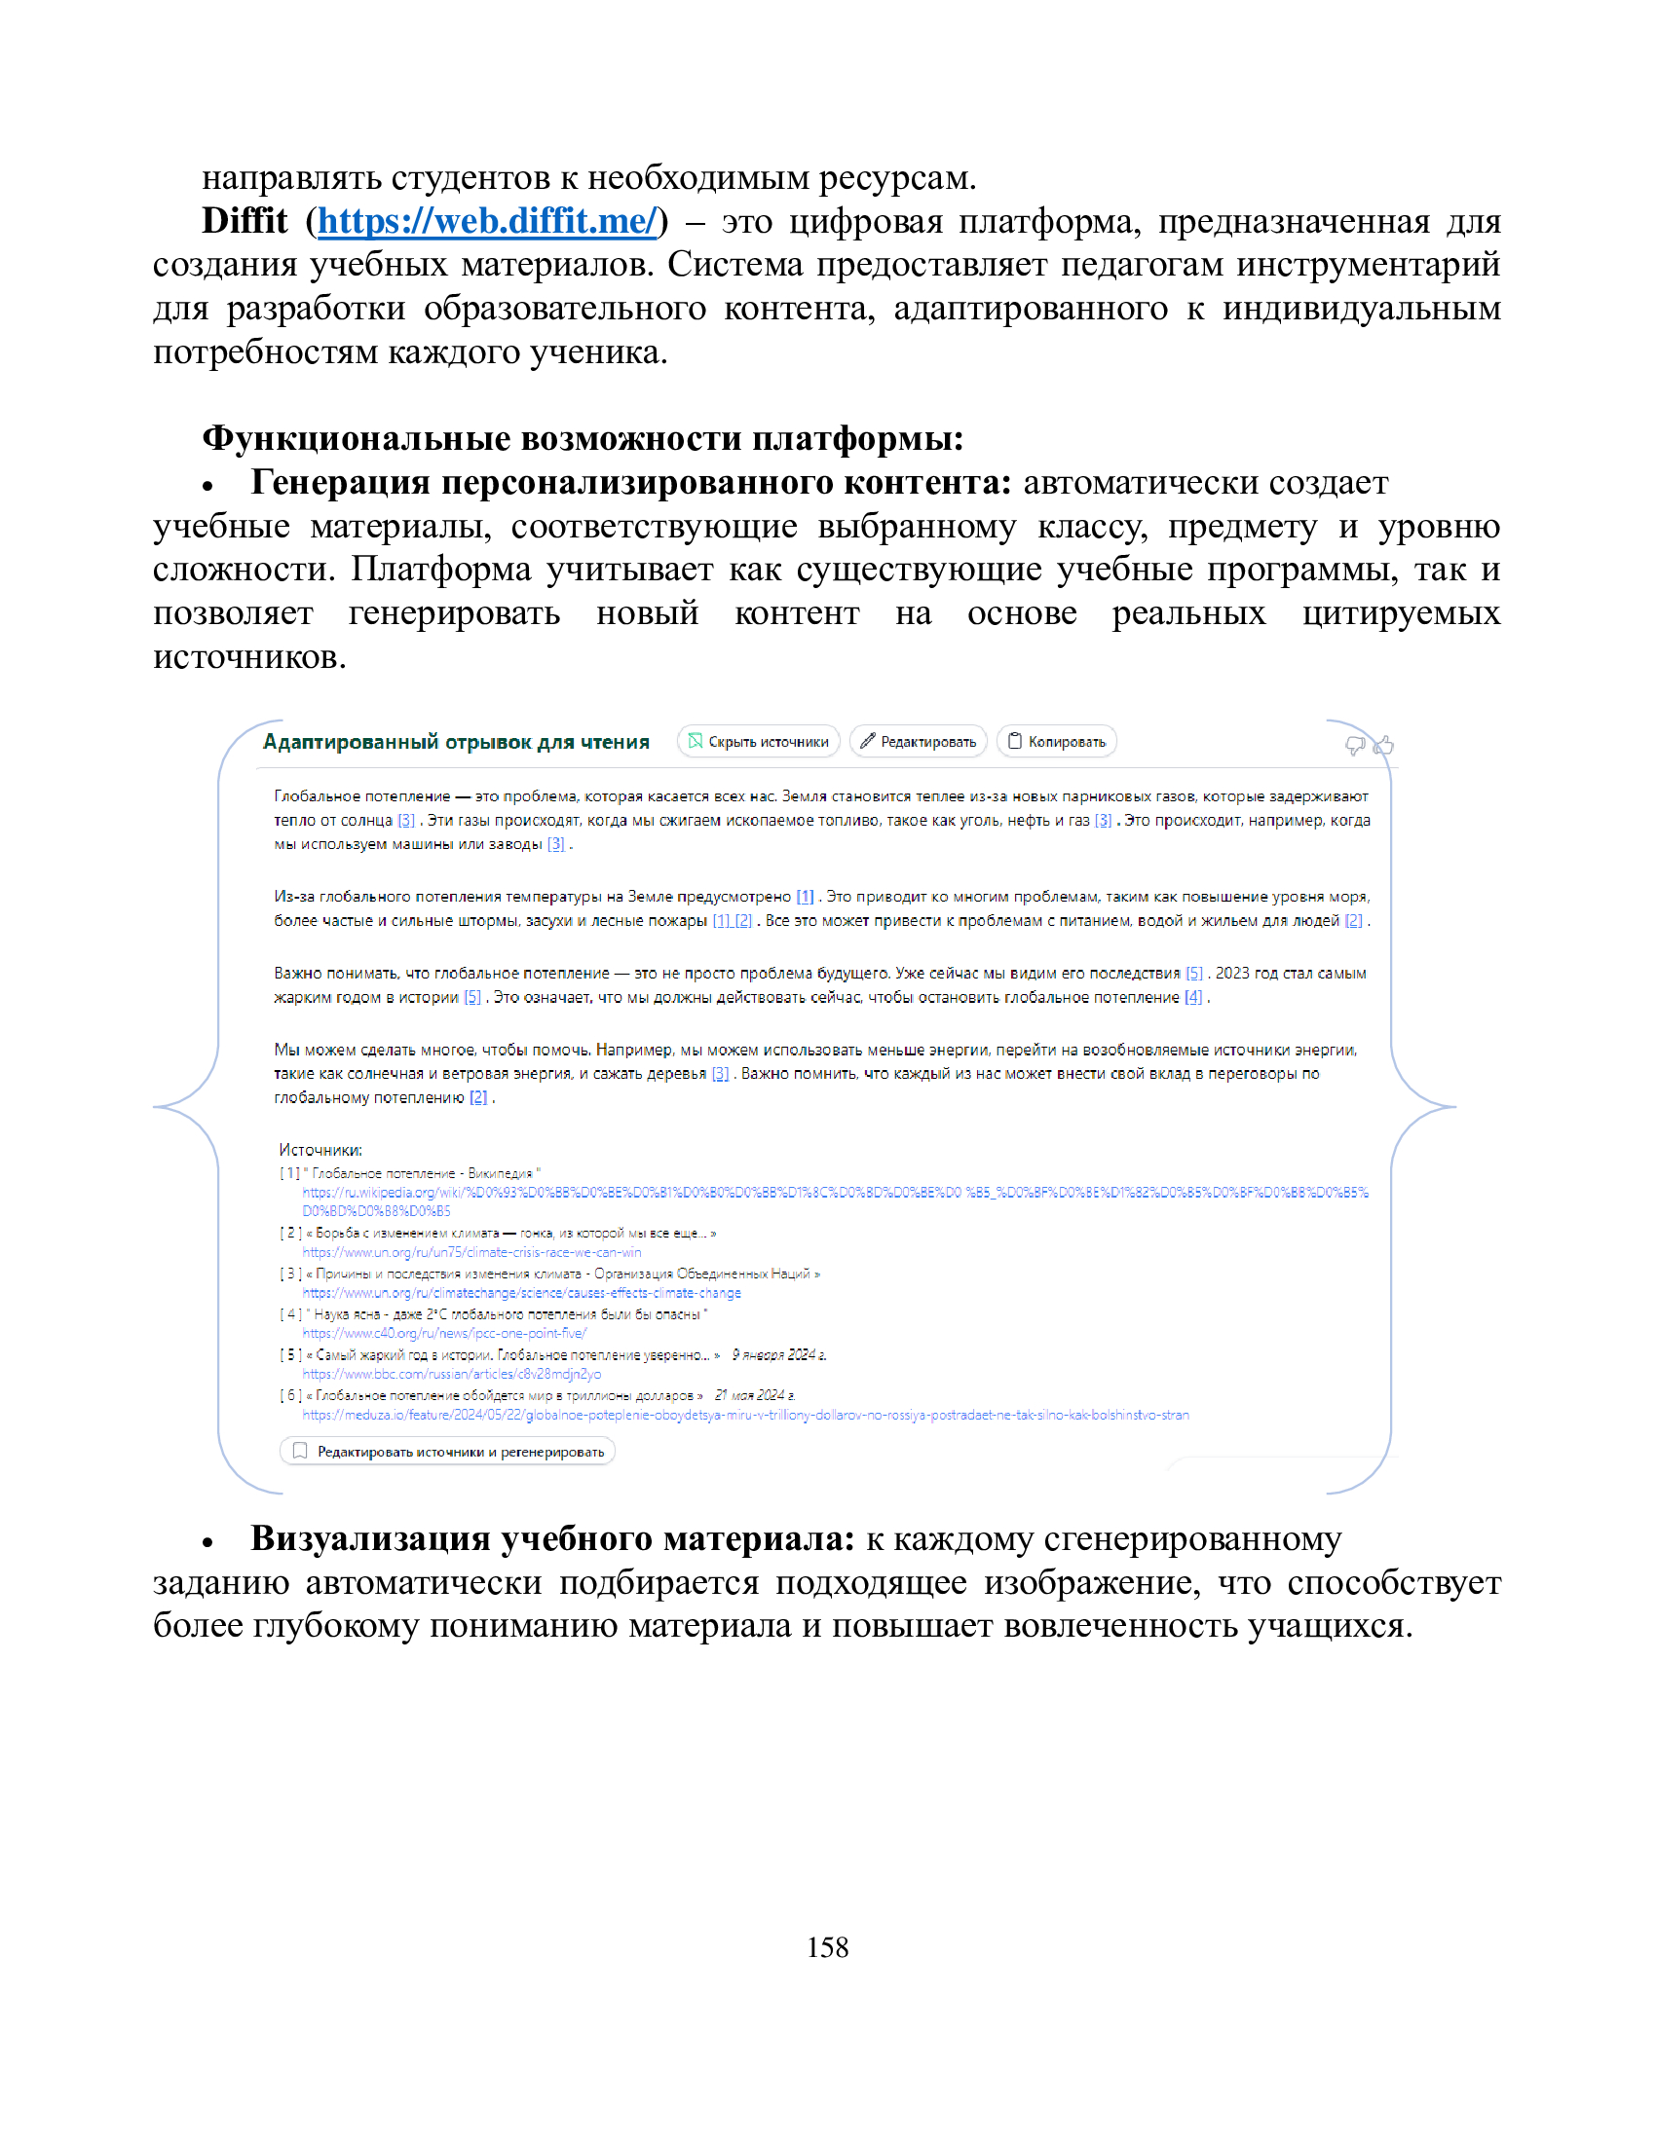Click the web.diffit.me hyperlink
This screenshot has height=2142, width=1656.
tap(487, 222)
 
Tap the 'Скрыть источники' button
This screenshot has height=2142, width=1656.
tap(758, 742)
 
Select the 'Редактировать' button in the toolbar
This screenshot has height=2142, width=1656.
tap(919, 742)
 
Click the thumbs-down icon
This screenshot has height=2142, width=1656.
tap(1355, 746)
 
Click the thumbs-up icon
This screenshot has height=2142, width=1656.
tap(1383, 746)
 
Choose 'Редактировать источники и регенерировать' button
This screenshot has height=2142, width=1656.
tap(447, 1451)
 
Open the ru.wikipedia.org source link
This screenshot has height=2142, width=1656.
tap(834, 1193)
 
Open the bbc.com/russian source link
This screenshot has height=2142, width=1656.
tap(451, 1374)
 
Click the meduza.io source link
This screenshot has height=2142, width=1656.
tap(745, 1415)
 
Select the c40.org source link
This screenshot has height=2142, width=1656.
tap(443, 1333)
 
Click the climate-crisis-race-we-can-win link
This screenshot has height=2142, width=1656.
tap(470, 1252)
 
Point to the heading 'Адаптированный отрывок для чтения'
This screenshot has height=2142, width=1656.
tap(456, 742)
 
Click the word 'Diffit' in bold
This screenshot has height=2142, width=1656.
tap(245, 222)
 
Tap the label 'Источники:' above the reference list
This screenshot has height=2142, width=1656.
tap(320, 1150)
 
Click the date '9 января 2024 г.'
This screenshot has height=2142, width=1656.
tap(779, 1354)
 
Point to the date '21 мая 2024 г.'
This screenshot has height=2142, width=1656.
tap(754, 1394)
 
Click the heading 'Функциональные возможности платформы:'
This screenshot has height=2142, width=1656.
tap(583, 438)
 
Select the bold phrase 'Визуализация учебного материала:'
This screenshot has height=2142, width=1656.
tap(552, 1537)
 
